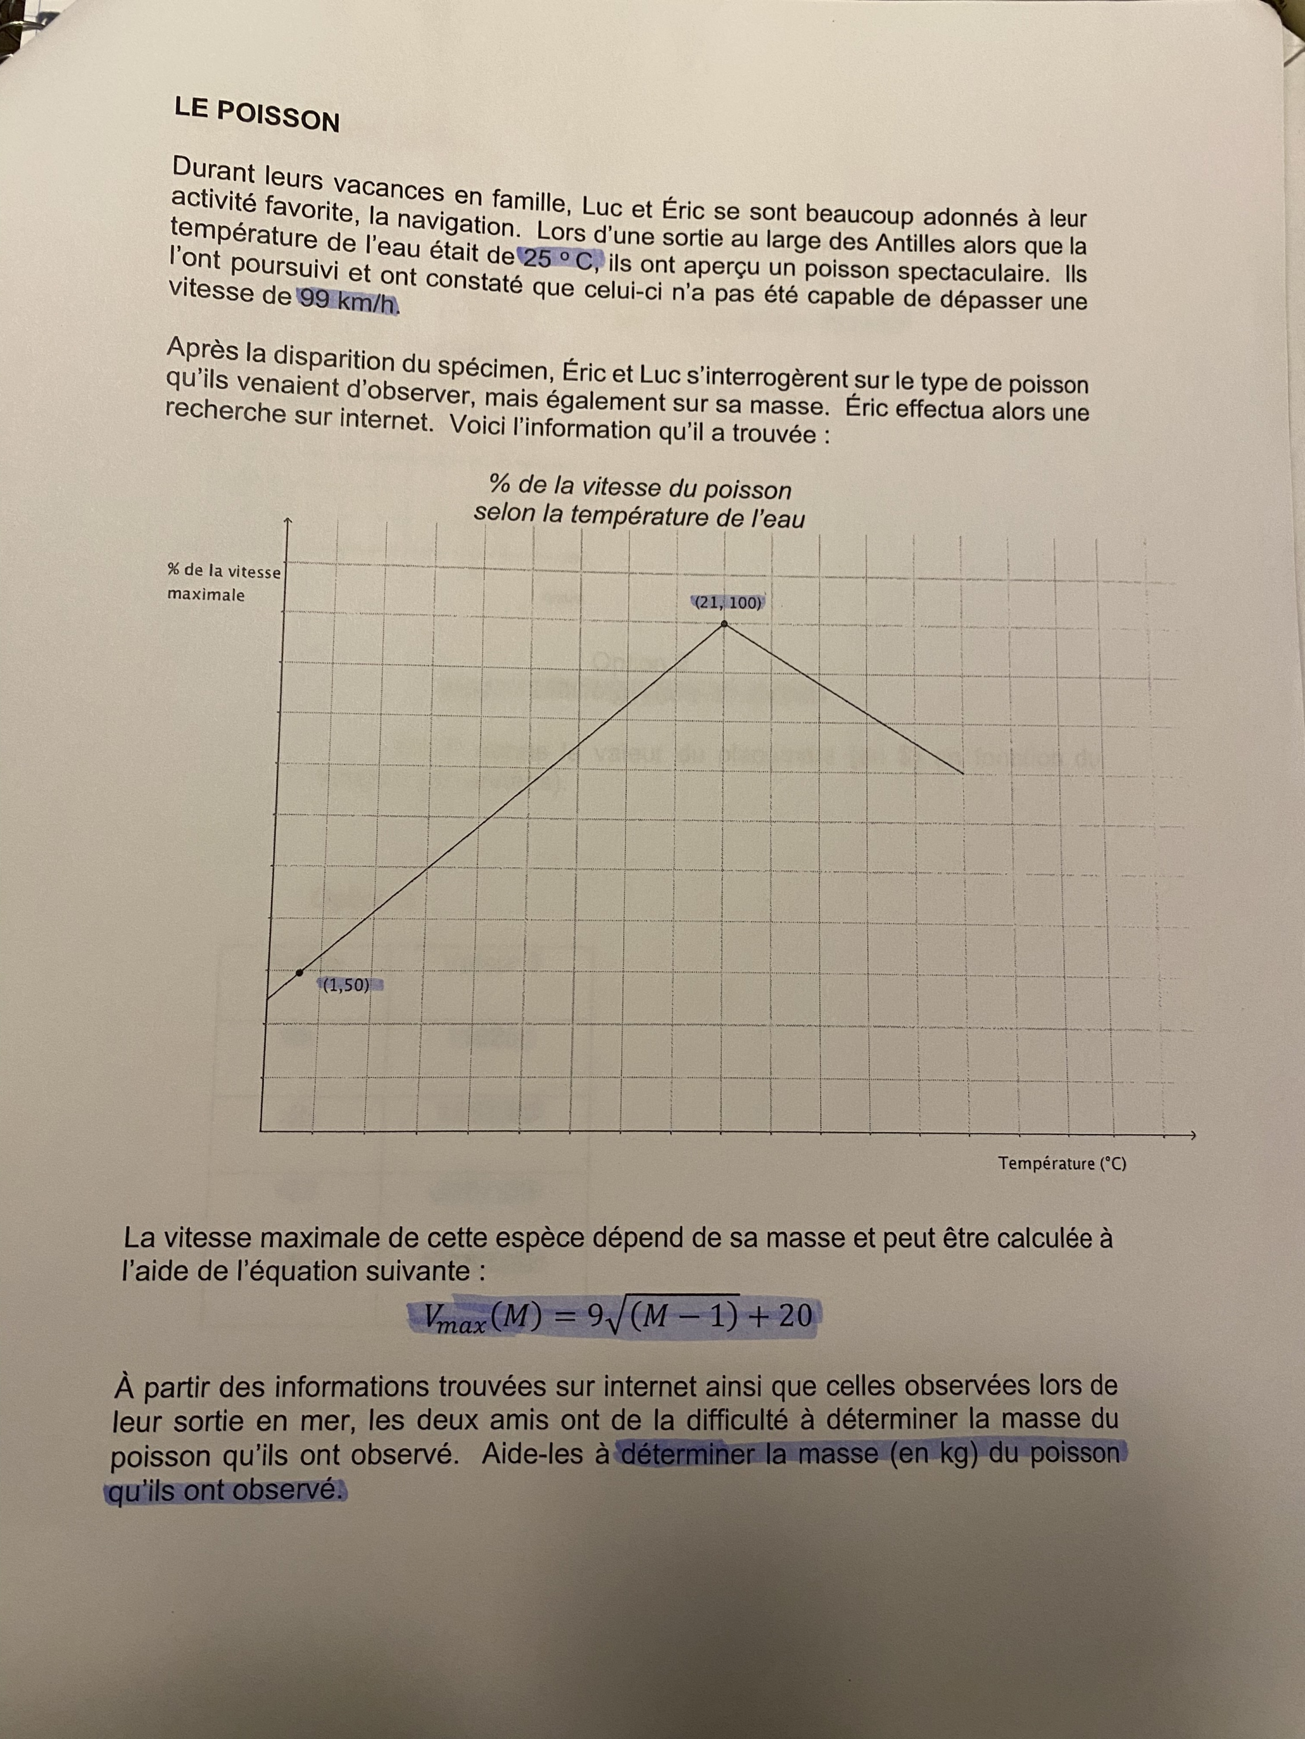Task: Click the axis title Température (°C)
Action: tap(1062, 1163)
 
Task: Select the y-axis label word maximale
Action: tap(206, 595)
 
